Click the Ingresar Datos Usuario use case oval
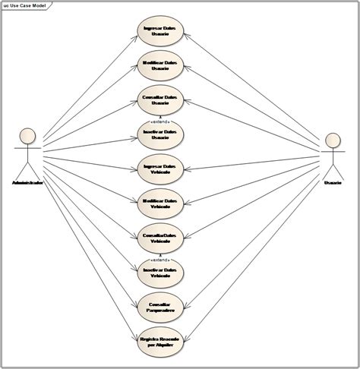[x=159, y=31]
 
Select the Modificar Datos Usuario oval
[x=159, y=65]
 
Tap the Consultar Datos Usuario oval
[x=159, y=100]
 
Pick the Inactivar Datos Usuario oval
[x=159, y=134]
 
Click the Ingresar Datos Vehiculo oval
[x=159, y=169]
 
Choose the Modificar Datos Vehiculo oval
[x=159, y=203]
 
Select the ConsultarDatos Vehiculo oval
[x=159, y=238]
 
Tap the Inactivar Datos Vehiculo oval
[x=159, y=272]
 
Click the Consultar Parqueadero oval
[x=159, y=306]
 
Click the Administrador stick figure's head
[x=27, y=135]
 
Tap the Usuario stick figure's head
[x=332, y=140]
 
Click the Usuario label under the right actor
[x=333, y=183]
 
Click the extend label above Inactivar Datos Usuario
[x=159, y=120]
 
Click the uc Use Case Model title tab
[x=24, y=5]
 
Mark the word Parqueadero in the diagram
[x=159, y=310]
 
